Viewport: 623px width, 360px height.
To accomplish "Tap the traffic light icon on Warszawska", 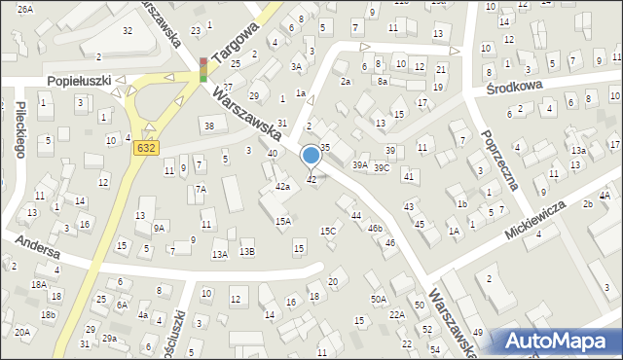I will coord(203,69).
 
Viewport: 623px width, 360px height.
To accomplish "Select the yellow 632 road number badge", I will coord(145,147).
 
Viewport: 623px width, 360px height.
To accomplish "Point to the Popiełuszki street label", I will coord(80,81).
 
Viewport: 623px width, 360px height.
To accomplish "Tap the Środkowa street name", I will coord(513,88).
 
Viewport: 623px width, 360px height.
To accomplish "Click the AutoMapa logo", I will coord(559,341).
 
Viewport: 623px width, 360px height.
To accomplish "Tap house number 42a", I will coord(282,186).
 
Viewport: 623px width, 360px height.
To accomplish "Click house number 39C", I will coord(382,167).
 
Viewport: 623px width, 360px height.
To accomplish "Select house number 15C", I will coord(329,231).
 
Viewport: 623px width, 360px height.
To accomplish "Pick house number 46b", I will coord(375,228).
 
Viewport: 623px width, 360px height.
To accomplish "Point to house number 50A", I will coord(378,300).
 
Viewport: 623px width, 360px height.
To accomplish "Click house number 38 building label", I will coord(208,126).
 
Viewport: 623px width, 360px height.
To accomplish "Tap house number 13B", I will coord(247,252).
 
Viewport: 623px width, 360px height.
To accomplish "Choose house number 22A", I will coord(397,315).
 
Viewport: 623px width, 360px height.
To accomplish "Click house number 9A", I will coord(158,229).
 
